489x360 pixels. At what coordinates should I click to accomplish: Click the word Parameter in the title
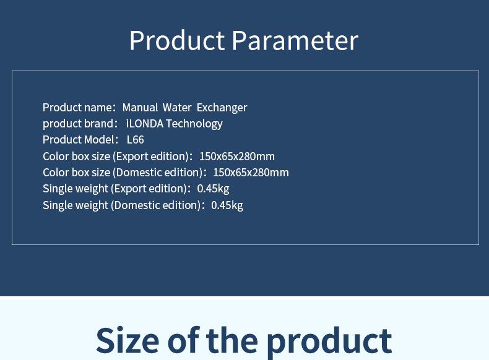click(295, 40)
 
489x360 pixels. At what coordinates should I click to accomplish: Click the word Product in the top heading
click(177, 40)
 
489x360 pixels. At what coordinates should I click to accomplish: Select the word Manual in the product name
click(140, 108)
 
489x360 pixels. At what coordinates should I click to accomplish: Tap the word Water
click(177, 108)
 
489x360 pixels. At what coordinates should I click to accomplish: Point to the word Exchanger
click(222, 108)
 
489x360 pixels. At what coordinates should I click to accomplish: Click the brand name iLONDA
click(145, 124)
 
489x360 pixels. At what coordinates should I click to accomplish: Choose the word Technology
click(194, 124)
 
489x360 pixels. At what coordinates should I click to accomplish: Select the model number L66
click(136, 140)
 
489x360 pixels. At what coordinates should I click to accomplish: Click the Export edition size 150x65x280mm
click(237, 156)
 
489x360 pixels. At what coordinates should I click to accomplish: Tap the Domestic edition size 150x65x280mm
click(251, 173)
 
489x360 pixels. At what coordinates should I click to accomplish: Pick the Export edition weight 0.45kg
click(214, 189)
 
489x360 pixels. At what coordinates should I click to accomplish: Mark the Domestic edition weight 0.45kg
click(227, 205)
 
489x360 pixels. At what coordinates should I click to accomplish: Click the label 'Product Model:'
click(80, 140)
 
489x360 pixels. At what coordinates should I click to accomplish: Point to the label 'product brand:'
click(80, 124)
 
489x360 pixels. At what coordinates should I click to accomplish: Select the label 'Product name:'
click(79, 108)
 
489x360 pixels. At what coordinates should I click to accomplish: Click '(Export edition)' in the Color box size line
click(152, 156)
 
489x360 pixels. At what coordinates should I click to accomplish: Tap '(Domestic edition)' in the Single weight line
click(158, 205)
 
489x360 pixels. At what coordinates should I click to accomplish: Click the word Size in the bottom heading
click(128, 340)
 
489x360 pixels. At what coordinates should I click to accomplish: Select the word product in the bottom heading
click(329, 342)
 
